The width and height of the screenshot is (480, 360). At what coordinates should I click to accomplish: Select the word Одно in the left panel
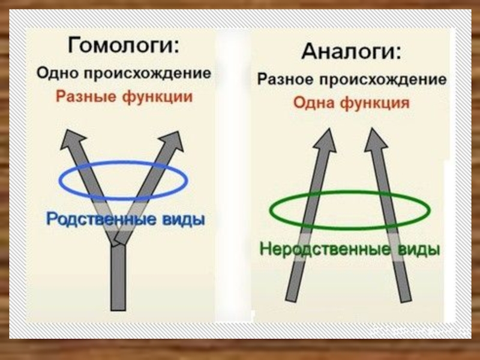pos(56,74)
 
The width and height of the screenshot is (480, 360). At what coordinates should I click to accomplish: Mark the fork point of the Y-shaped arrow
pos(118,240)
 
